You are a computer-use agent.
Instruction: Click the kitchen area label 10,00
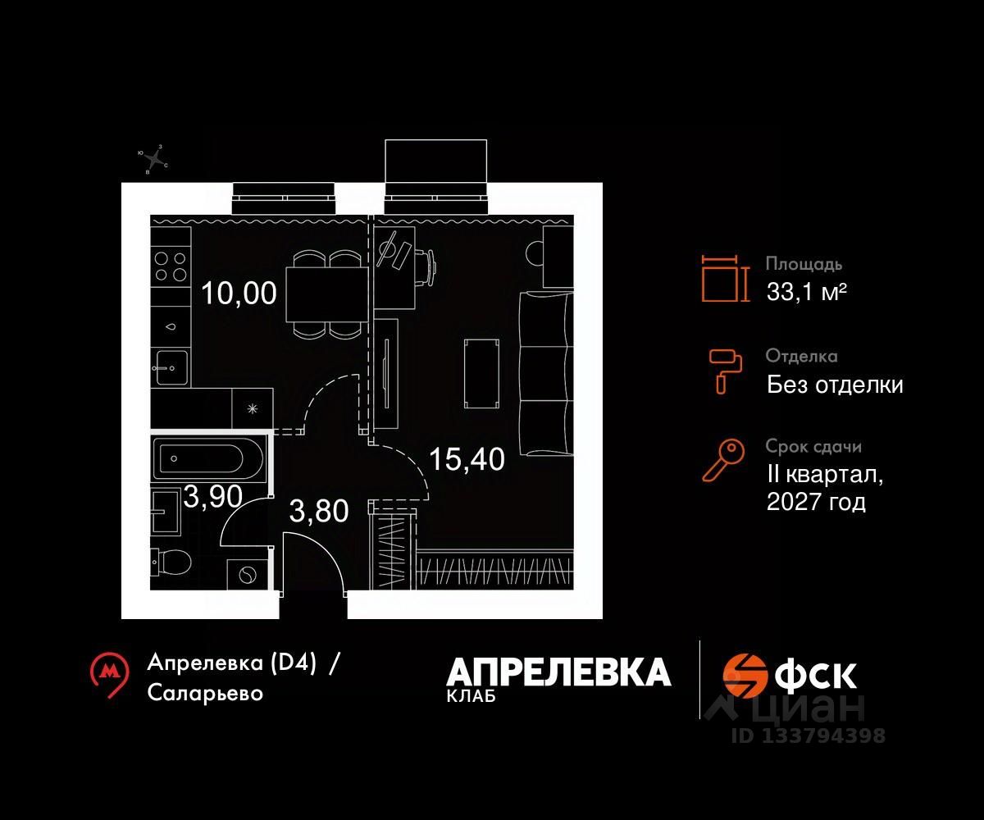click(x=239, y=292)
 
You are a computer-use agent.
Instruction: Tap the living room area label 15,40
click(x=467, y=458)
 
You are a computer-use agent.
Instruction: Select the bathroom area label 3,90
click(x=202, y=496)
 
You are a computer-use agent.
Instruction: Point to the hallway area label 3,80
click(x=319, y=511)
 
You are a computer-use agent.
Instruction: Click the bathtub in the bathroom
click(x=211, y=460)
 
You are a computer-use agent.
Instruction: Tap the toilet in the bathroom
click(x=172, y=562)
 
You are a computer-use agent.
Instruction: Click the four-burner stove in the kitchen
click(x=171, y=264)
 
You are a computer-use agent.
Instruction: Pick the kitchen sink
click(x=171, y=368)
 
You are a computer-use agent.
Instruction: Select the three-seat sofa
click(x=544, y=372)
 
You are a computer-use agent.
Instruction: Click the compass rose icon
click(x=153, y=159)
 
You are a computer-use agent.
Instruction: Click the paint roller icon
click(x=724, y=369)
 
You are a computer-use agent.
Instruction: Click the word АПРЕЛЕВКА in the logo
click(x=558, y=672)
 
